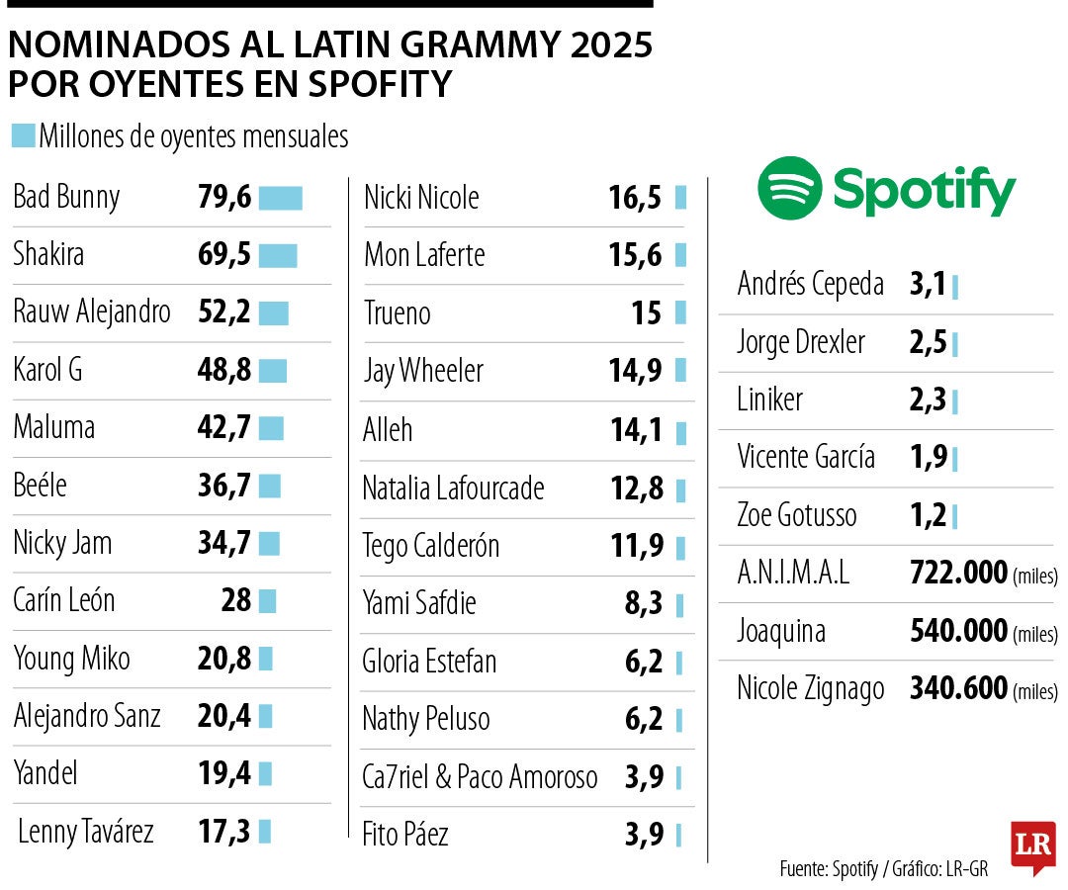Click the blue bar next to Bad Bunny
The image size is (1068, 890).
coord(280,198)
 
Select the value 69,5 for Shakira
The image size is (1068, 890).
coord(224,255)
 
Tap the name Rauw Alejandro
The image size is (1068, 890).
coord(92,312)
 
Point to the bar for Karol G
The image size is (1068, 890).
coord(272,371)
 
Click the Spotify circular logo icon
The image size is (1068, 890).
coord(789,188)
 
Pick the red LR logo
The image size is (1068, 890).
coord(1032,846)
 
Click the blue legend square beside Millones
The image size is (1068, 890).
coord(23,135)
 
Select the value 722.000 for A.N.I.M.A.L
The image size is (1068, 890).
coord(957,573)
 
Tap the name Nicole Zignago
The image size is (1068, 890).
coord(810,688)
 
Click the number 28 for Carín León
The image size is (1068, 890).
coord(236,600)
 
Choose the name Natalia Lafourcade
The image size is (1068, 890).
coord(453,488)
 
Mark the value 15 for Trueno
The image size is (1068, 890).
coord(646,313)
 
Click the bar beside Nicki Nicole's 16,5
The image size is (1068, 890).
coord(680,198)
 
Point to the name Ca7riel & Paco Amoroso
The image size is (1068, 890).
coord(480,777)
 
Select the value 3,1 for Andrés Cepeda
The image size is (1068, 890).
coord(928,286)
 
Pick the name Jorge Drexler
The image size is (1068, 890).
coord(801,343)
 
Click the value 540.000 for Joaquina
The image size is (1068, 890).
coord(957,631)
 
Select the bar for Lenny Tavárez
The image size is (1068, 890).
coord(265,832)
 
